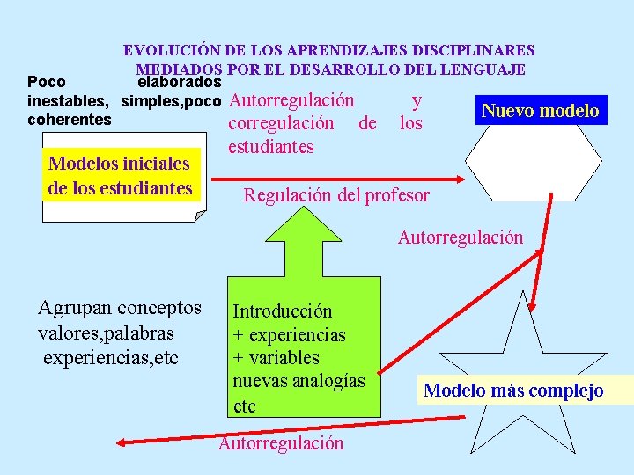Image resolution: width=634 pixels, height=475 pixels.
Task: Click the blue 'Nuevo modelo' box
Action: click(x=541, y=111)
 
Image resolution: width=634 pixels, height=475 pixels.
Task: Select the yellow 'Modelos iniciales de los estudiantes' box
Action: click(x=121, y=176)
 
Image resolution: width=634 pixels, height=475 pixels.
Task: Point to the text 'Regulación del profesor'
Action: click(x=336, y=195)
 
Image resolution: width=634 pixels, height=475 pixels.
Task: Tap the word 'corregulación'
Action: click(x=281, y=123)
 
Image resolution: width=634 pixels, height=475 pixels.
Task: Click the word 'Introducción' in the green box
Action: click(x=283, y=311)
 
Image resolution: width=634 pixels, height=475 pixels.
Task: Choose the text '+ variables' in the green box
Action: click(x=276, y=358)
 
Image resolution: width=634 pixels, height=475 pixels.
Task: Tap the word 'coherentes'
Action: click(x=70, y=119)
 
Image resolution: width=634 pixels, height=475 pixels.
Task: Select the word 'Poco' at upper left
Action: click(x=46, y=83)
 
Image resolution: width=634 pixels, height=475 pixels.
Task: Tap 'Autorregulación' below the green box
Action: click(x=281, y=442)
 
